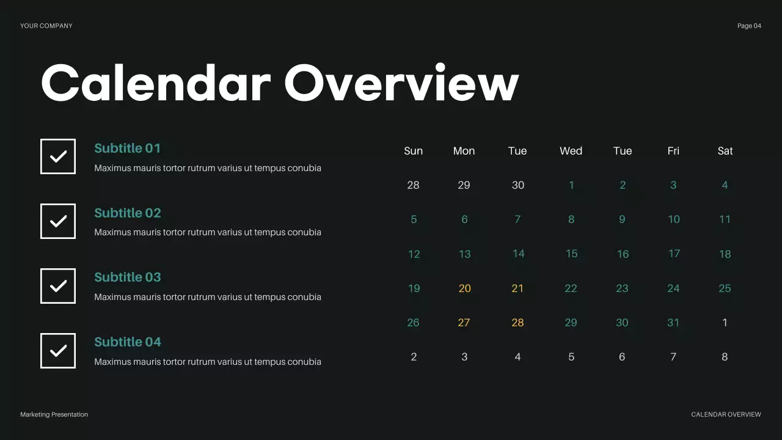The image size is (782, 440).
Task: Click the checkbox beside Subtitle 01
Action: point(58,156)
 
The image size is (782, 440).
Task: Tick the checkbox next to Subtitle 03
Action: point(58,286)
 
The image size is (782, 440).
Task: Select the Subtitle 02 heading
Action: point(128,213)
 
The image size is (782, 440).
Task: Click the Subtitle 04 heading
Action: point(128,342)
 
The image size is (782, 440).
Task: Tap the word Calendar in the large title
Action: point(156,83)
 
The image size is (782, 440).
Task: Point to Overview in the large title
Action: point(401,83)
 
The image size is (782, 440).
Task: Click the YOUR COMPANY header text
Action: point(46,26)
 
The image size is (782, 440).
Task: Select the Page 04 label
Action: point(749,26)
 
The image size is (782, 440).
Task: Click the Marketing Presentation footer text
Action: point(54,414)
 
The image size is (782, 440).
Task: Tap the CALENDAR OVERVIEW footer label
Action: point(726,414)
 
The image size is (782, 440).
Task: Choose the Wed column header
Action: point(571,151)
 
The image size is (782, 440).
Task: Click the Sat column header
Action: point(725,151)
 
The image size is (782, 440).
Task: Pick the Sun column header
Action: point(414,151)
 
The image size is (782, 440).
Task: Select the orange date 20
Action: point(464,288)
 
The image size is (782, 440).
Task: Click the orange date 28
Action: point(517,323)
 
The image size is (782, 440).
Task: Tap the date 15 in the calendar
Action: point(571,254)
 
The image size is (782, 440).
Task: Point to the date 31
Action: point(673,323)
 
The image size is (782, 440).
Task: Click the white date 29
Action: point(464,185)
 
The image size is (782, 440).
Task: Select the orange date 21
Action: point(517,288)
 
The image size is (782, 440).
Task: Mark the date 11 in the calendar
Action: point(725,219)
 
